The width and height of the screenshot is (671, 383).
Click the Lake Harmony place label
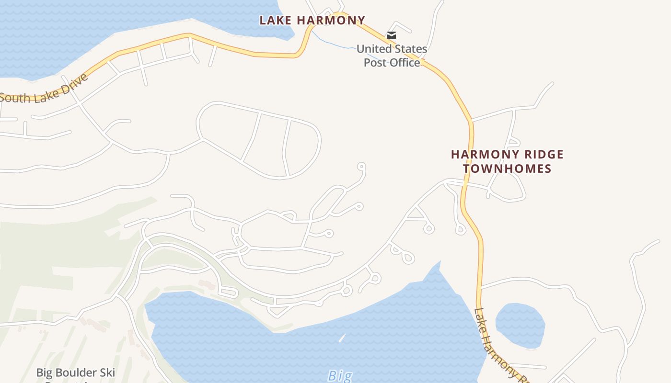(312, 20)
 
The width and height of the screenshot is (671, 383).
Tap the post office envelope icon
(392, 35)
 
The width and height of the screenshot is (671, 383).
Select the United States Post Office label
(392, 56)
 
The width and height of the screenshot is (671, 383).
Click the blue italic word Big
(340, 376)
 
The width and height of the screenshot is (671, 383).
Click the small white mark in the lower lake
(342, 338)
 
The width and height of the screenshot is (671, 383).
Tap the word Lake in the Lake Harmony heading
(275, 20)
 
